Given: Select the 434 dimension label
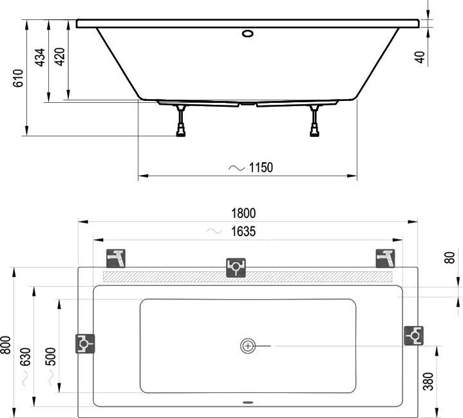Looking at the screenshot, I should (x=40, y=58).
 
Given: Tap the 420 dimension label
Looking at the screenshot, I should (x=60, y=58).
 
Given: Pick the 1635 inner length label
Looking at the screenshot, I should (x=242, y=232).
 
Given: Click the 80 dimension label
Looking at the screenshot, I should (x=450, y=258).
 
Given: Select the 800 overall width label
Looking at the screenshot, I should (x=6, y=347).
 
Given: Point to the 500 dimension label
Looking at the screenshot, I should (x=51, y=356).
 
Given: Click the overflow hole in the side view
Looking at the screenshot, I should (x=248, y=33).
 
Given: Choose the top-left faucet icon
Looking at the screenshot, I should (x=117, y=258).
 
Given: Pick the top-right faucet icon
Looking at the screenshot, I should (x=385, y=258).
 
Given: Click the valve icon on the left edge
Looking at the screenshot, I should (x=85, y=344).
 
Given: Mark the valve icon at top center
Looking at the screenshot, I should (x=236, y=267).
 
